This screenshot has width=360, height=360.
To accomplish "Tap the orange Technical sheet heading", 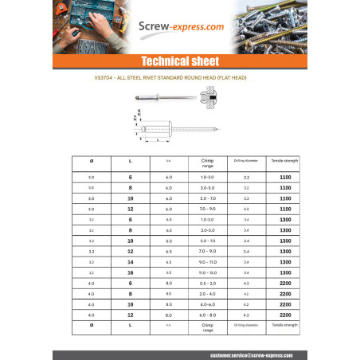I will click(179, 61).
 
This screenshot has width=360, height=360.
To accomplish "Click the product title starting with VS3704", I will click(179, 80).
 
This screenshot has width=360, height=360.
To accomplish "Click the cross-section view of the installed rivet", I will click(216, 100).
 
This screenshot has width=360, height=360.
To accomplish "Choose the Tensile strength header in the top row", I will click(284, 160).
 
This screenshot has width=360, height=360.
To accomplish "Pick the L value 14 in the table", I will click(131, 261).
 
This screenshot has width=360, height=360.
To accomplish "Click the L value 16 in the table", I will click(131, 272).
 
